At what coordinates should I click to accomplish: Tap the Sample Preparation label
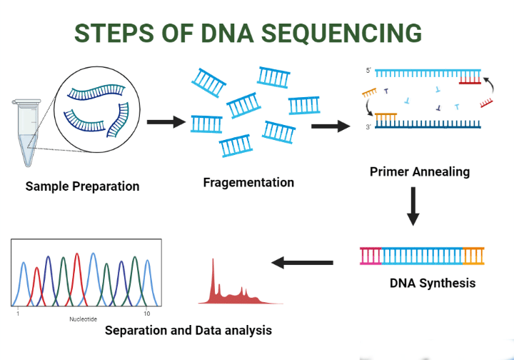[x=82, y=186]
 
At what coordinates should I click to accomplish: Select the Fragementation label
[x=248, y=182]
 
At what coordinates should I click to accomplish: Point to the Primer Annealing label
[x=420, y=171]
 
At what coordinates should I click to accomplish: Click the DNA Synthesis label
[x=432, y=283]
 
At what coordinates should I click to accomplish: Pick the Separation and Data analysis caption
[x=188, y=330]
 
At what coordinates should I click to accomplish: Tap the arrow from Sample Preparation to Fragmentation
[x=165, y=122]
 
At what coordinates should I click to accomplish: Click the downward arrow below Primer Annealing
[x=413, y=207]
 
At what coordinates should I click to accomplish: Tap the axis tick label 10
[x=146, y=314]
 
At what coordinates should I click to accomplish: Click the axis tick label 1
[x=18, y=314]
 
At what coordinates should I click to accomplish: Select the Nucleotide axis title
[x=83, y=319]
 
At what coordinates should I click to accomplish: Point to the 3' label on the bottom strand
[x=368, y=126]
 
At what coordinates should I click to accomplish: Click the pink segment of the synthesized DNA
[x=371, y=255]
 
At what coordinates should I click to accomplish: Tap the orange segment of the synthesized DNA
[x=473, y=255]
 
